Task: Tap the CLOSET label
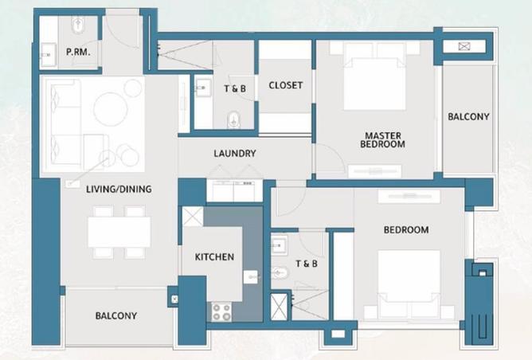coord(285,85)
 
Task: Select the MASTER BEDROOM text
coord(382,140)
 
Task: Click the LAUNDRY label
coord(234,154)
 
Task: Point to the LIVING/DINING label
coord(119,189)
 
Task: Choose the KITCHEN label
coord(215,256)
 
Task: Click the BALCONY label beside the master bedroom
coord(468,116)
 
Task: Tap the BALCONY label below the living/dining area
coord(116,315)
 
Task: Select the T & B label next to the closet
coord(235,89)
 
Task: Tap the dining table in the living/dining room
coord(119,232)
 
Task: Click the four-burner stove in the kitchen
coord(221,311)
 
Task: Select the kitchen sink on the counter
coord(250,277)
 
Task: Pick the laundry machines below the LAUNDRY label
coord(234,191)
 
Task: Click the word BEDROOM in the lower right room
coord(406,230)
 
